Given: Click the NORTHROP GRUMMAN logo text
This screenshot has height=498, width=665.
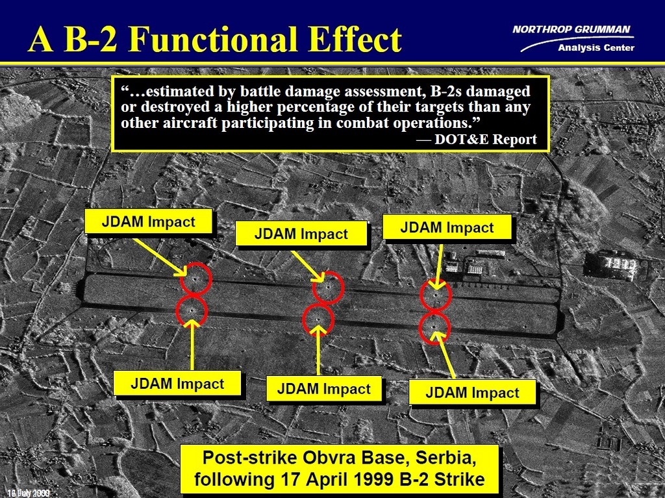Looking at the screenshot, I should (571, 29).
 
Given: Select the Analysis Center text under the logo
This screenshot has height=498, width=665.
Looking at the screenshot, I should (596, 48).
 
